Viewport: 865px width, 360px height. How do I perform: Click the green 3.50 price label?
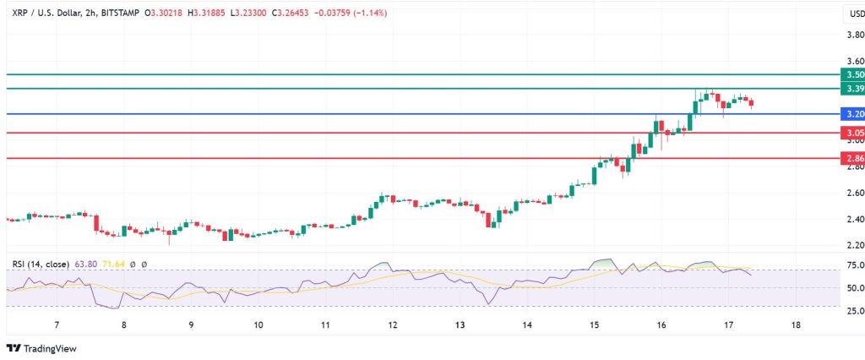[x=852, y=74]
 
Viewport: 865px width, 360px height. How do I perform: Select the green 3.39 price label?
[x=852, y=89]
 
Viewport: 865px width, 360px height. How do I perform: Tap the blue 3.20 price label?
[x=852, y=113]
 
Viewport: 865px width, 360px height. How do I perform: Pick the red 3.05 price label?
[x=852, y=133]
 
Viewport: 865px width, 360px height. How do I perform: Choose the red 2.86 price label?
[x=852, y=158]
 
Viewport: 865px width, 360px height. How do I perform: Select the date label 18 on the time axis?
[x=795, y=325]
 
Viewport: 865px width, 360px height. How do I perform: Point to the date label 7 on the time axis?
[x=57, y=325]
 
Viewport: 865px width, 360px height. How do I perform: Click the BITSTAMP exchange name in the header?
[x=116, y=14]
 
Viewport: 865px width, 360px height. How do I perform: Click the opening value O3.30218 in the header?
[x=166, y=14]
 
